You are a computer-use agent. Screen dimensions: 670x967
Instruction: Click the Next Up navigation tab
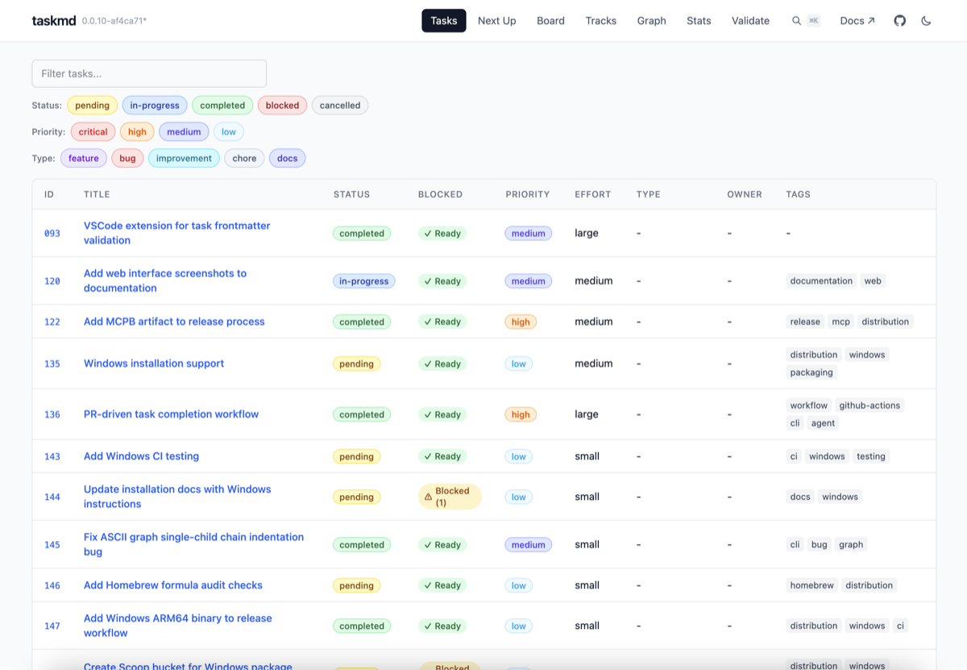(496, 21)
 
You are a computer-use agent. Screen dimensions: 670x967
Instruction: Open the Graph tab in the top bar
(651, 21)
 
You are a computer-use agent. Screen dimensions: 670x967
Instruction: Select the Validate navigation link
(750, 21)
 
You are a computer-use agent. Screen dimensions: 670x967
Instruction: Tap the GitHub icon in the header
(900, 21)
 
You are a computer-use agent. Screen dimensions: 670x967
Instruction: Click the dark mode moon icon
(926, 21)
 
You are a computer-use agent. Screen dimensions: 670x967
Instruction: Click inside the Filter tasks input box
(149, 73)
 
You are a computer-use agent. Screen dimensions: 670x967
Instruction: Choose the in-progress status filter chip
(155, 106)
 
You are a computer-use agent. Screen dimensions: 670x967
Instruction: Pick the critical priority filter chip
(93, 132)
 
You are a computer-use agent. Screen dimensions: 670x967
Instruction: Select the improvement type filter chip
(184, 159)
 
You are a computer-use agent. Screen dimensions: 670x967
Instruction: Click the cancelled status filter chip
(339, 106)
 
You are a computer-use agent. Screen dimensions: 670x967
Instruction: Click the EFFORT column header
(592, 194)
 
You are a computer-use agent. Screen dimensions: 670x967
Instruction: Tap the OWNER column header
(744, 194)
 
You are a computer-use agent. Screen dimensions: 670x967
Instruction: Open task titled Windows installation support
(154, 364)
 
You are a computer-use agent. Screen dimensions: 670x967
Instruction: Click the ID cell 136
(52, 414)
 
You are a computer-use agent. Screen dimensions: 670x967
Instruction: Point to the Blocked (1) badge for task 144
(450, 497)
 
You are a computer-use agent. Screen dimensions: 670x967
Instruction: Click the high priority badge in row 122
(521, 322)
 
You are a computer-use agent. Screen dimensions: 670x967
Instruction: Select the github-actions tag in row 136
(869, 406)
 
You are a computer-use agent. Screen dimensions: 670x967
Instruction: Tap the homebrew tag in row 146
(811, 585)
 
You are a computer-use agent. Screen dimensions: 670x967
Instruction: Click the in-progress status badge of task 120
(363, 281)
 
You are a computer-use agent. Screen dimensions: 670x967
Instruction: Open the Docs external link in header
(857, 21)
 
